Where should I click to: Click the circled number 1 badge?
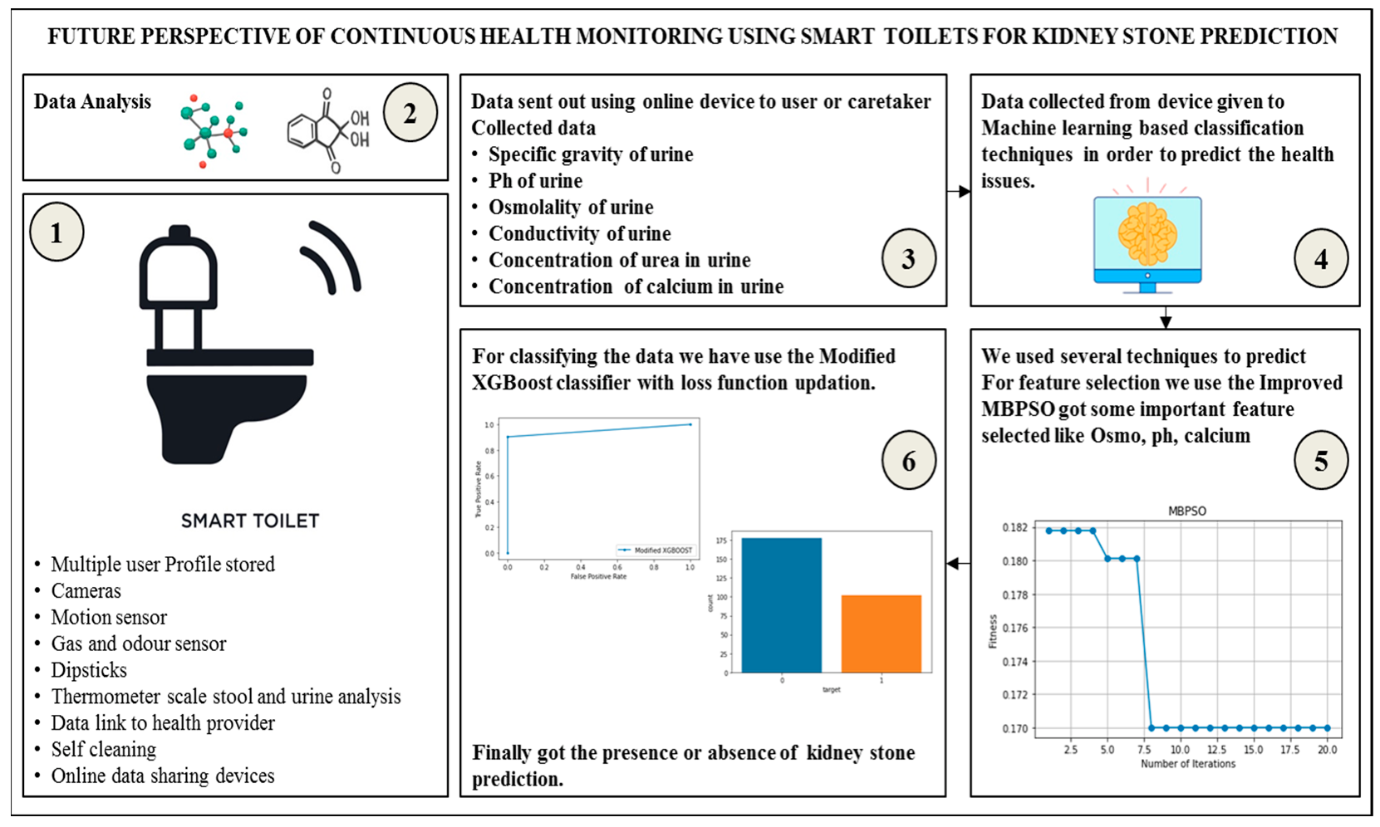pyautogui.click(x=56, y=233)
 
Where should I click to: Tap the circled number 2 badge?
pyautogui.click(x=410, y=113)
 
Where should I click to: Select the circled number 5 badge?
pyautogui.click(x=1320, y=461)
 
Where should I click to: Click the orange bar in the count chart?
pyautogui.click(x=881, y=633)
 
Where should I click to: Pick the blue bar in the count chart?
pyautogui.click(x=781, y=604)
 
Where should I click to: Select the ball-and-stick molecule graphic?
pyautogui.click(x=213, y=131)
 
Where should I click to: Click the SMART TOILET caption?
pyautogui.click(x=250, y=521)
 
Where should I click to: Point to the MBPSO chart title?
pyautogui.click(x=1186, y=511)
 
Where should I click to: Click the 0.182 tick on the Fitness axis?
pyautogui.click(x=1014, y=528)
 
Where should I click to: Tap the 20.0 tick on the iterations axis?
pyautogui.click(x=1327, y=750)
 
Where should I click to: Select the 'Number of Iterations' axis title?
pyautogui.click(x=1187, y=764)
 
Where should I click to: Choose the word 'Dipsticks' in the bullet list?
pyautogui.click(x=89, y=670)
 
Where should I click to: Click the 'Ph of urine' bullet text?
pyautogui.click(x=535, y=181)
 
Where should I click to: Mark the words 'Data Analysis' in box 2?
pyautogui.click(x=92, y=102)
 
